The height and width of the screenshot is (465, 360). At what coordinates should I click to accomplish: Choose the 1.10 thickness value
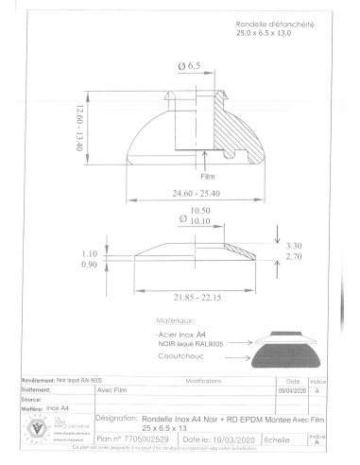click(90, 253)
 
